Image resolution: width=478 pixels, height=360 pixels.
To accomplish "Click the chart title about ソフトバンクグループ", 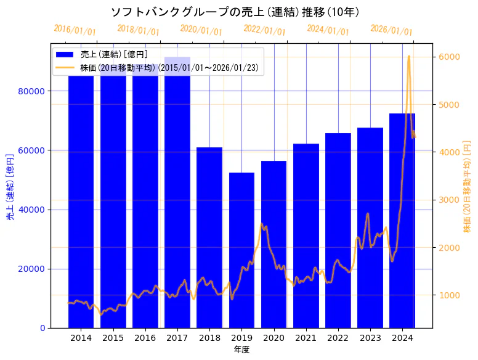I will (x=235, y=12).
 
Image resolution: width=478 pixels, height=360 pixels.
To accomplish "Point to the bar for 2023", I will (x=370, y=227).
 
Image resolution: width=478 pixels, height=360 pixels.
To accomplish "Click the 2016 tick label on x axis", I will (x=145, y=338).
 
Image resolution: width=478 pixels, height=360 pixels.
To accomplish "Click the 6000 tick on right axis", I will (x=448, y=57).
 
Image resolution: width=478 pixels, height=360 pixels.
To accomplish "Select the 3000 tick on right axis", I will (x=448, y=200).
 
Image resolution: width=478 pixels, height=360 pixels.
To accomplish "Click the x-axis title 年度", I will (x=241, y=350).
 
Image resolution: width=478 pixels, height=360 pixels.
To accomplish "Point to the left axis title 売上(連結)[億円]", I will (x=10, y=186).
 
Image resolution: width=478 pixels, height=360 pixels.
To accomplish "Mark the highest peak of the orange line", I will (x=409, y=56).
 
